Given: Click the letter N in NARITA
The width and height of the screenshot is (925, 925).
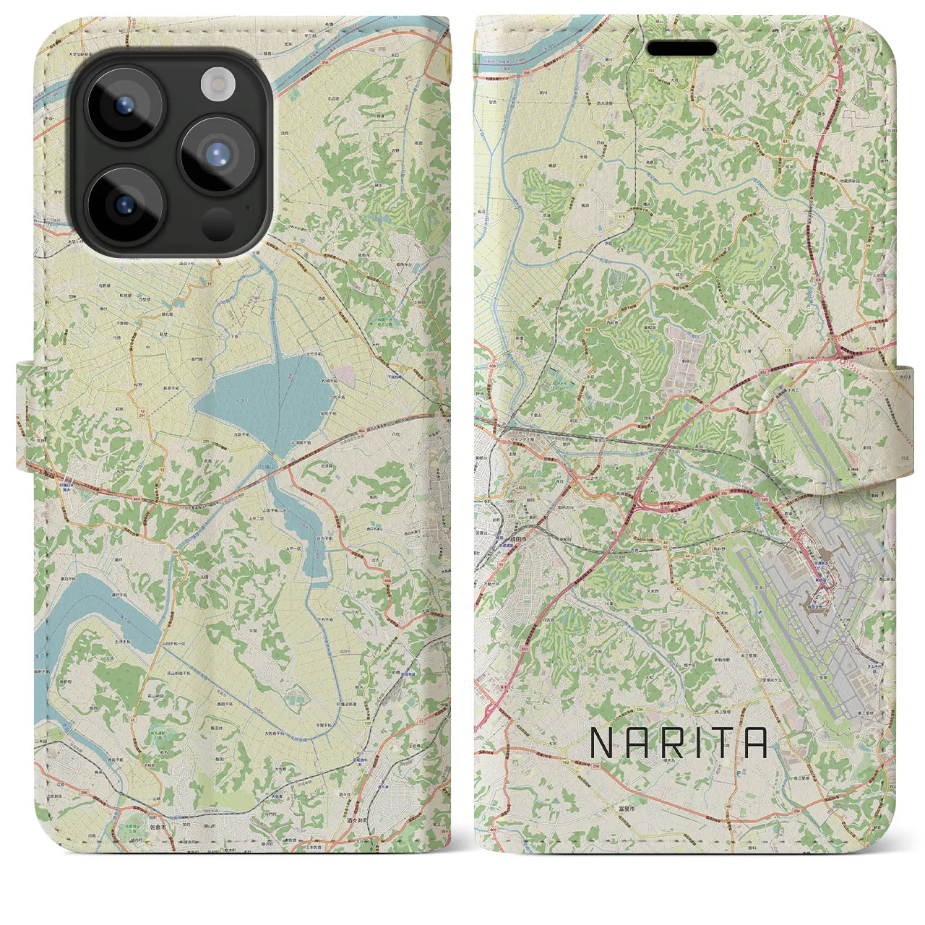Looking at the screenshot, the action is click(x=603, y=742).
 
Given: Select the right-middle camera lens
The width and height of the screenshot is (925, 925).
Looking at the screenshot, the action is click(x=216, y=155).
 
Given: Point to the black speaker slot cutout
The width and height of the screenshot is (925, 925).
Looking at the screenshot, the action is click(x=681, y=48).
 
